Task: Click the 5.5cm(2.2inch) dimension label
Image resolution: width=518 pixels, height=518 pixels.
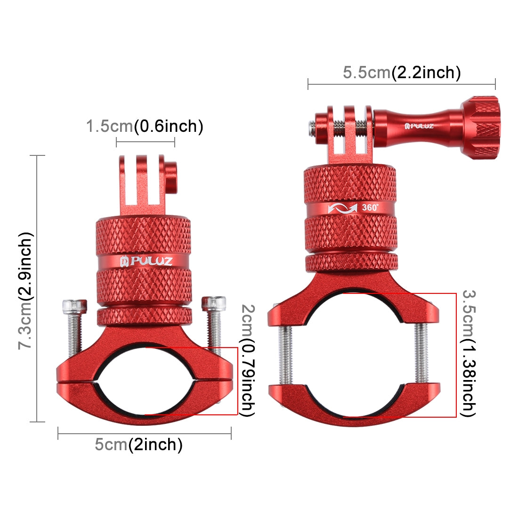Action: click(x=401, y=73)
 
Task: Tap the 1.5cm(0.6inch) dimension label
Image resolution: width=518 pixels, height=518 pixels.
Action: click(x=145, y=126)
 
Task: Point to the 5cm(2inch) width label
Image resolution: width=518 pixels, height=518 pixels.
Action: click(x=138, y=444)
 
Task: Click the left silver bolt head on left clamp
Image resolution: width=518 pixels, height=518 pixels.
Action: click(x=74, y=306)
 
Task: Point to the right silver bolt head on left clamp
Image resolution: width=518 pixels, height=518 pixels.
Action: click(x=213, y=303)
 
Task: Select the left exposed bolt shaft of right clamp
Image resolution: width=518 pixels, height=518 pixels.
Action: click(x=286, y=354)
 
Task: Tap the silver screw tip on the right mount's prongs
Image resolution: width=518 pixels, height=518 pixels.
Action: click(x=312, y=126)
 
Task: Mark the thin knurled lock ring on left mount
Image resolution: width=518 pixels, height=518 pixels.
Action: click(x=145, y=316)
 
